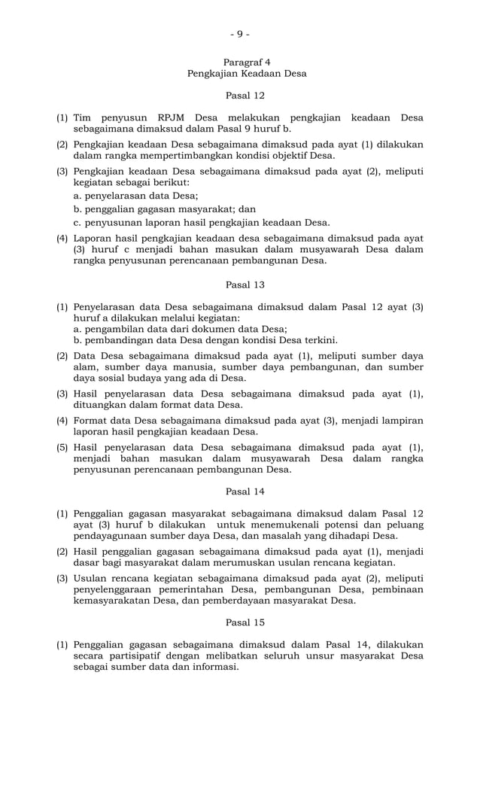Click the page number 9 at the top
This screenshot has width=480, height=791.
point(239,33)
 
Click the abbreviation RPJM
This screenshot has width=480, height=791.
point(174,118)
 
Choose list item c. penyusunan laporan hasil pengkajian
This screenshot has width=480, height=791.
point(201,223)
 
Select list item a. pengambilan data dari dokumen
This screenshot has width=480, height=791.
point(180,329)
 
